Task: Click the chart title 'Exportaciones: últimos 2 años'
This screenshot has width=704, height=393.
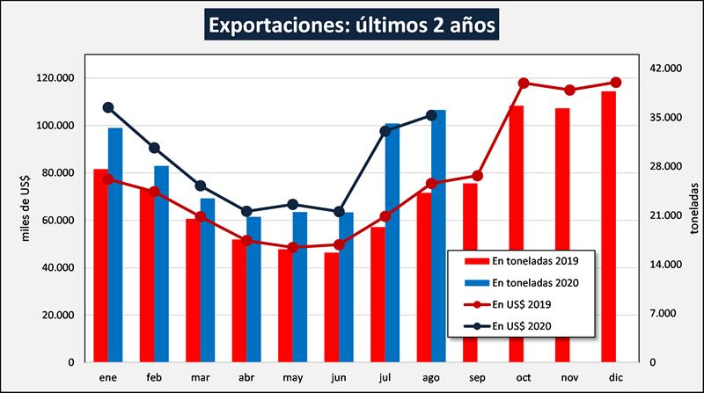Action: tap(352, 24)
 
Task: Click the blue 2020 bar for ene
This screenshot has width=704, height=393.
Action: tap(115, 245)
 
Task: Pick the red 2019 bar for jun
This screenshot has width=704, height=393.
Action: tap(331, 307)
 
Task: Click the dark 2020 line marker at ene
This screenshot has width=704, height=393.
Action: tap(108, 107)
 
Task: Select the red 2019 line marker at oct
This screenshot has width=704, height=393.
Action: tap(524, 84)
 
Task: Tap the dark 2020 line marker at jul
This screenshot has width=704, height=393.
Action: tap(385, 131)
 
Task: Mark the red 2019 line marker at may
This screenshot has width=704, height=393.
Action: tap(292, 247)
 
